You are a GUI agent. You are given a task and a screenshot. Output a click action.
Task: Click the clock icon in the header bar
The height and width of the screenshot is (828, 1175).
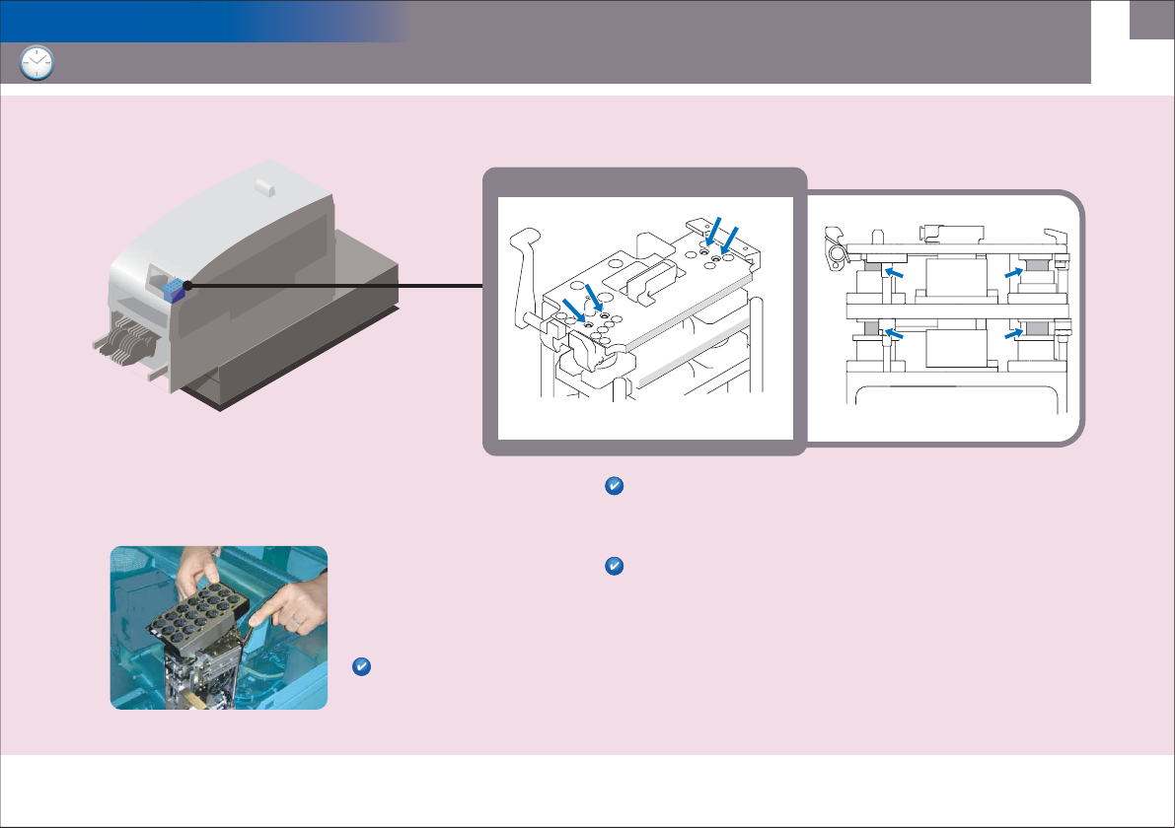tap(37, 63)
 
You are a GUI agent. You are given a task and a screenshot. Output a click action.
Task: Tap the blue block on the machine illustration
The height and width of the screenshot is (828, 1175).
tap(174, 289)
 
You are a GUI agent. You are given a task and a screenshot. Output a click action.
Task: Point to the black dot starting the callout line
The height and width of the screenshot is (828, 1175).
tap(185, 286)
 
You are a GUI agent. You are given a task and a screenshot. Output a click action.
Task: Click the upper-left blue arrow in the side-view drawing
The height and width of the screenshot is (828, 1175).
tap(895, 271)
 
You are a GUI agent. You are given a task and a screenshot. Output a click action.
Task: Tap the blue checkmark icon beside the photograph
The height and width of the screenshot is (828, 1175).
tap(361, 668)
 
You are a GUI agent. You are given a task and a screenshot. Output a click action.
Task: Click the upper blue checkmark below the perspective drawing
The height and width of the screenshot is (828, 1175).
tap(613, 486)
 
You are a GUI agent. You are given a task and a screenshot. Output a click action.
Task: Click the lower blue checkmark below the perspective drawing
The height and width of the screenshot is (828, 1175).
tap(613, 566)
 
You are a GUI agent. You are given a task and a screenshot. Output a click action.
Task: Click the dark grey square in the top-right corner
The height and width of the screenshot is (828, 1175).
tap(1151, 19)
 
